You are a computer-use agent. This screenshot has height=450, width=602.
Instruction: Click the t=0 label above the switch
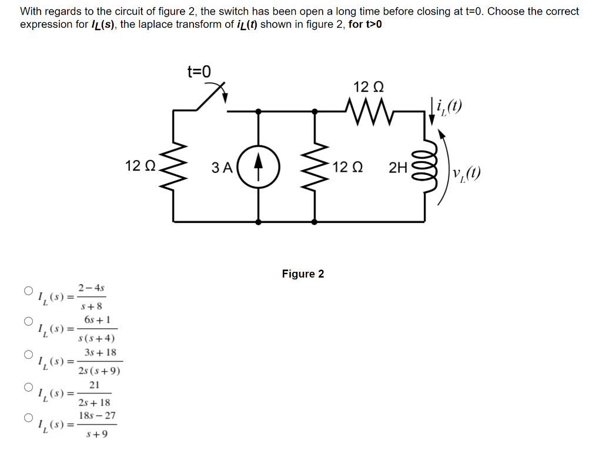pyautogui.click(x=199, y=72)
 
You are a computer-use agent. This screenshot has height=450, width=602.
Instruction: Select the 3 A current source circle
pyautogui.click(x=259, y=167)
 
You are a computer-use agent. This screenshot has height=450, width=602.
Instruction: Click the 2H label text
pyautogui.click(x=398, y=168)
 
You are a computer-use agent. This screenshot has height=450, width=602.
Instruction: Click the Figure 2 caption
pyautogui.click(x=303, y=274)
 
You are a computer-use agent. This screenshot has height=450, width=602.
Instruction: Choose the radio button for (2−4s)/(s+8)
pyautogui.click(x=28, y=291)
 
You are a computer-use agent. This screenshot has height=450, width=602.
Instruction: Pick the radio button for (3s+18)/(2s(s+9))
pyautogui.click(x=28, y=355)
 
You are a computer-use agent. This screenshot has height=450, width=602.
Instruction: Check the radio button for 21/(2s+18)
pyautogui.click(x=28, y=387)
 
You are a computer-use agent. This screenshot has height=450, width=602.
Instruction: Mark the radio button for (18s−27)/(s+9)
pyautogui.click(x=28, y=418)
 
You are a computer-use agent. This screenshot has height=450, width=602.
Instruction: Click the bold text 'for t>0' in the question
pyautogui.click(x=365, y=24)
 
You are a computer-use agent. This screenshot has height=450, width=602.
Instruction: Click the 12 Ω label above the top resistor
pyautogui.click(x=369, y=87)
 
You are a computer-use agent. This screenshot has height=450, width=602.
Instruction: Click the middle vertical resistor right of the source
pyautogui.click(x=316, y=167)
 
